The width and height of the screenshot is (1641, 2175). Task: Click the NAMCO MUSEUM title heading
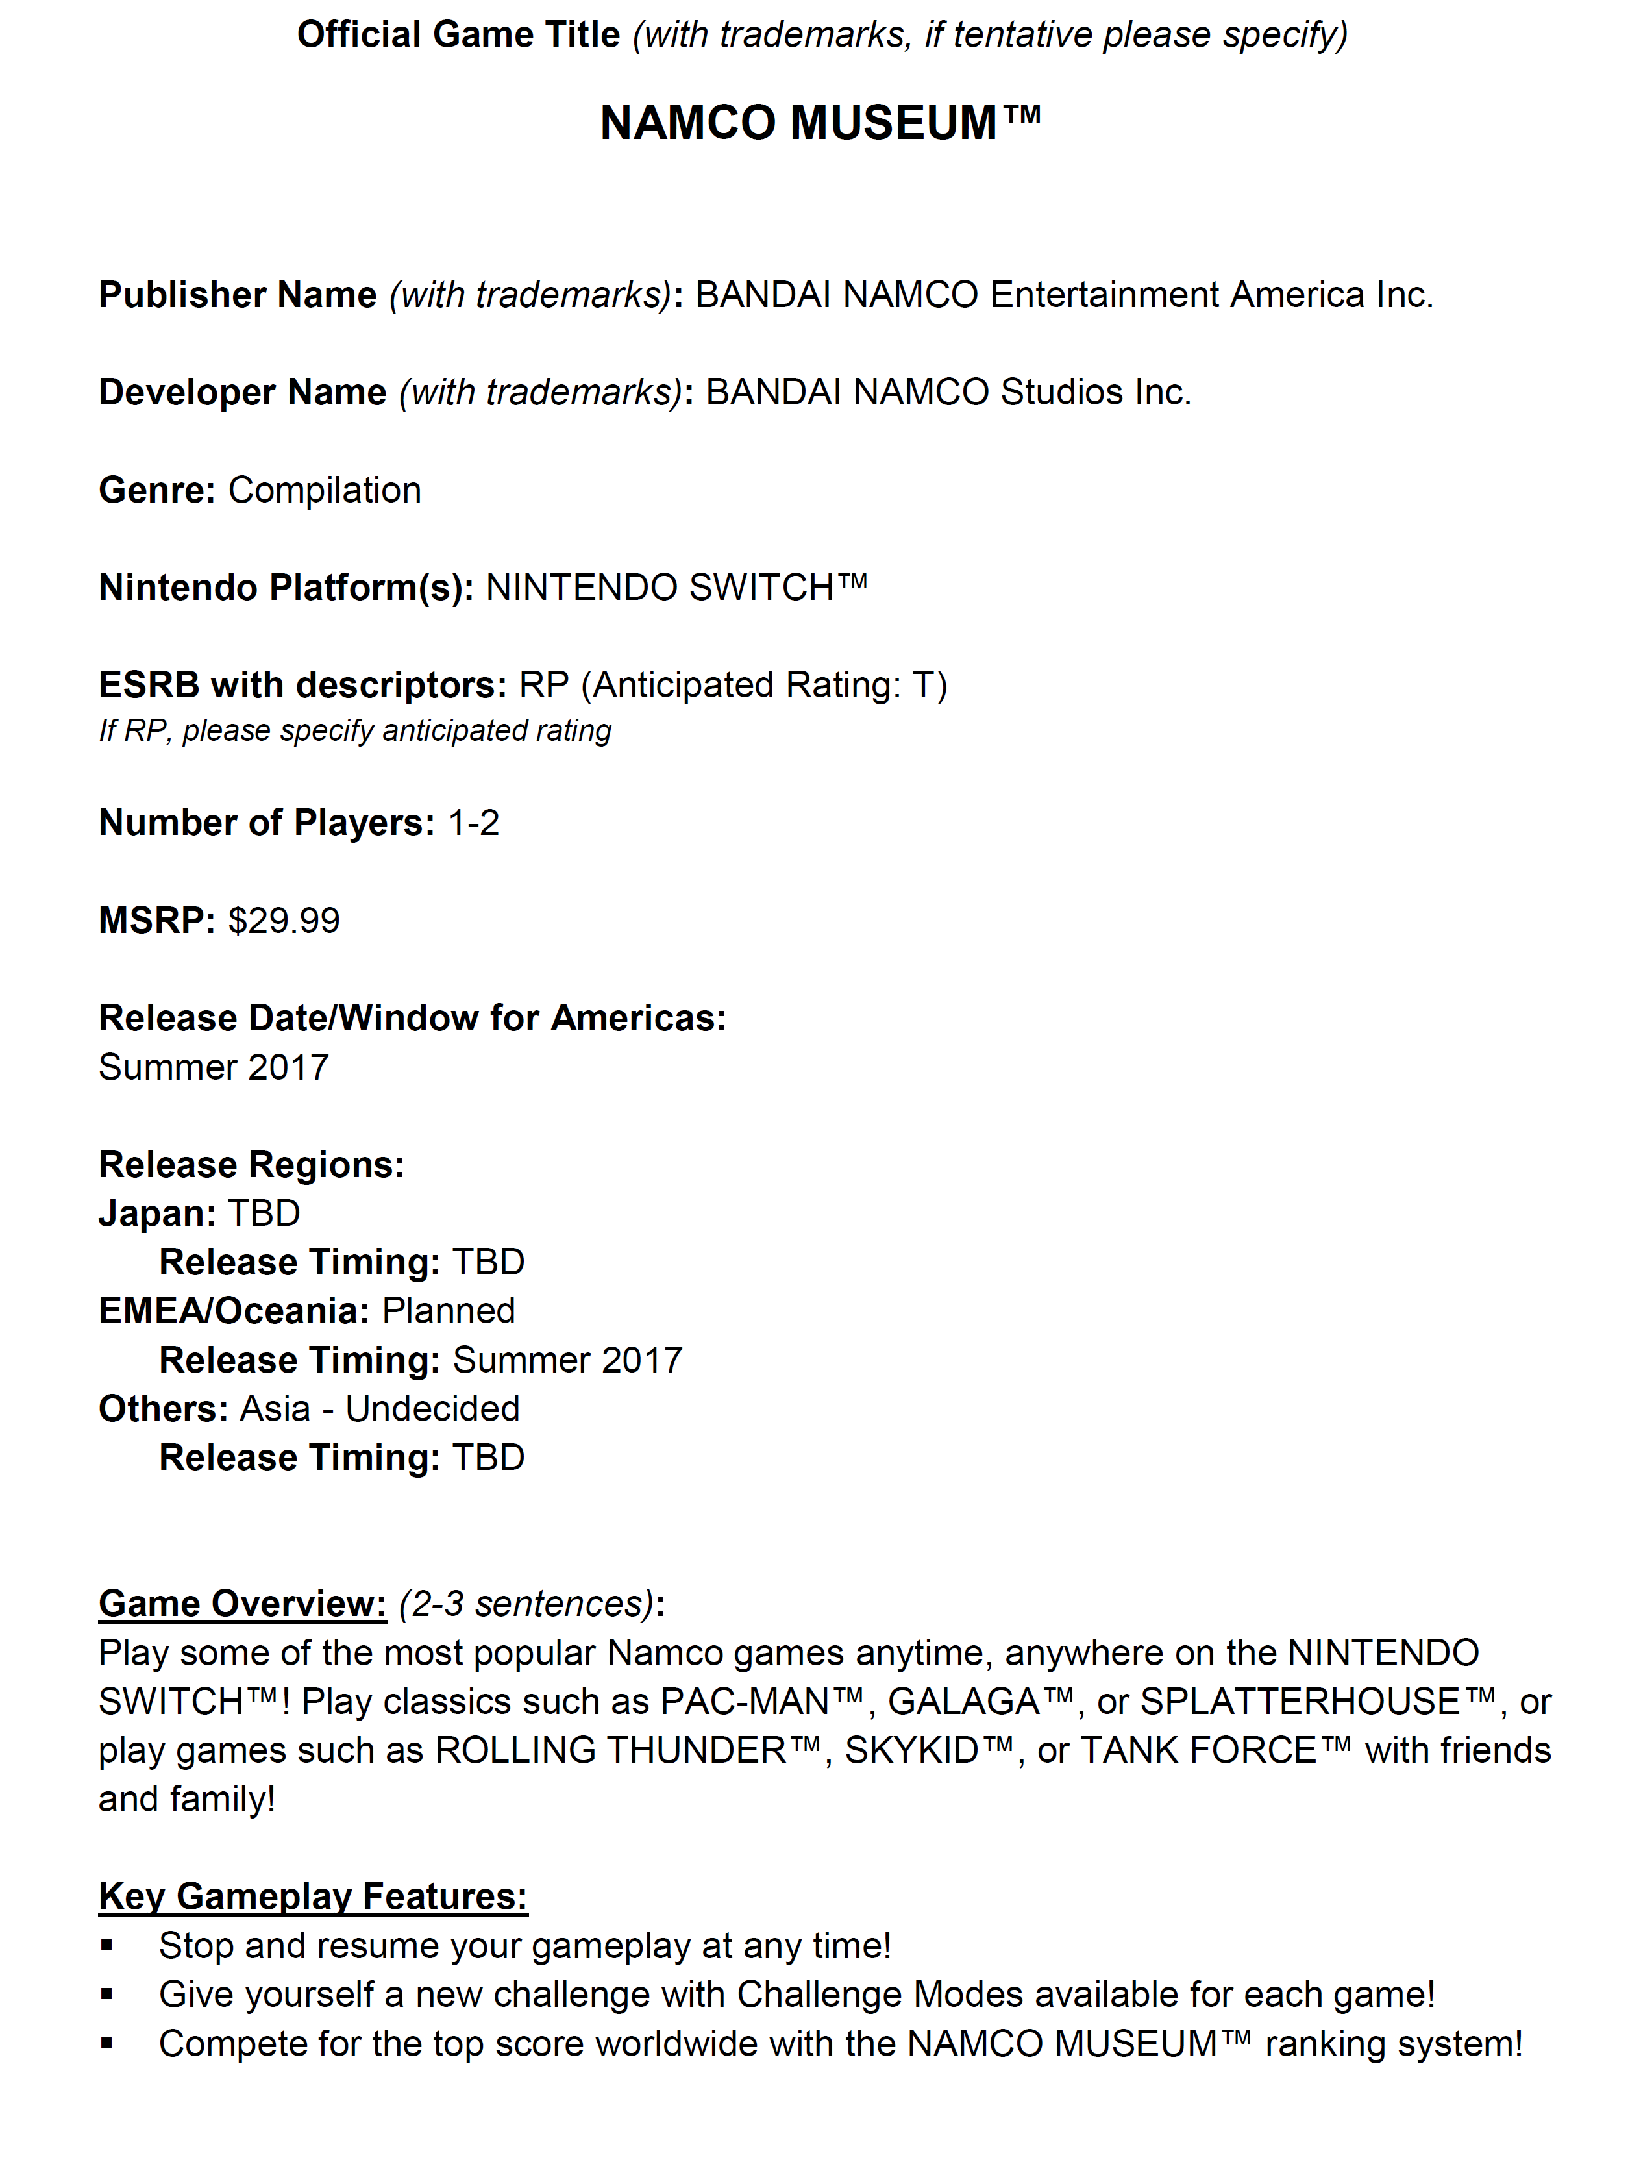click(x=819, y=124)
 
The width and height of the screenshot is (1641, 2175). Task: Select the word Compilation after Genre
click(x=325, y=491)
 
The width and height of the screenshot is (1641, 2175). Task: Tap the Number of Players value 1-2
click(x=473, y=823)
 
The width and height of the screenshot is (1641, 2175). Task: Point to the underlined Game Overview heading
click(x=242, y=1604)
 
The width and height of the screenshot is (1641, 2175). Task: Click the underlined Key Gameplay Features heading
click(x=313, y=1896)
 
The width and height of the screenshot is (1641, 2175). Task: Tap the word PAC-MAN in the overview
click(x=745, y=1702)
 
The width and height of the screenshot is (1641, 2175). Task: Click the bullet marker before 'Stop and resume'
click(x=107, y=1946)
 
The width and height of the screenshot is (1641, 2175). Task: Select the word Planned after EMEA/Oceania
click(x=449, y=1311)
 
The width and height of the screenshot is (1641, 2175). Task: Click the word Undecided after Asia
click(x=432, y=1409)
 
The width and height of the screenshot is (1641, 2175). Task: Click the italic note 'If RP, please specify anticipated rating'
click(x=355, y=730)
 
